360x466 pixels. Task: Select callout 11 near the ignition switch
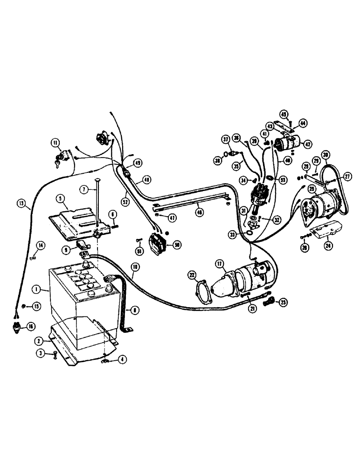55,144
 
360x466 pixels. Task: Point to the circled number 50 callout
177,244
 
